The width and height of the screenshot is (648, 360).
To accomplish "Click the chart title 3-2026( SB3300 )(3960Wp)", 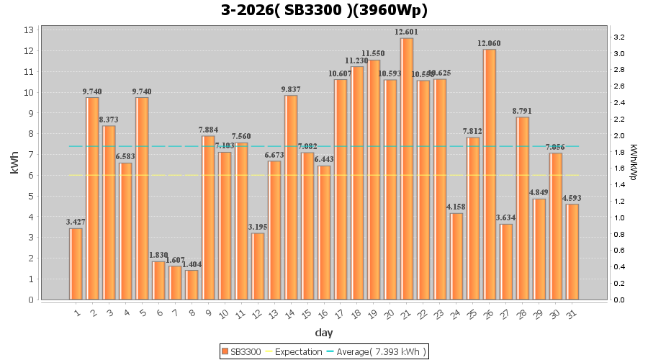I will (x=324, y=11).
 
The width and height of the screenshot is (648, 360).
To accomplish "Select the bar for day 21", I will (x=407, y=168).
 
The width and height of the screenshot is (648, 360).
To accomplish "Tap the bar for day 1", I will (x=76, y=264).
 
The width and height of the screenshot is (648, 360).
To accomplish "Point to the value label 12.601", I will (x=407, y=32).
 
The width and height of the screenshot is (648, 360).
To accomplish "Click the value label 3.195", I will (x=258, y=228).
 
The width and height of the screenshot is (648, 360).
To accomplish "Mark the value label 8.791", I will (x=523, y=112).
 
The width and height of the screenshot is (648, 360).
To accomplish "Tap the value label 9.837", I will (x=291, y=90).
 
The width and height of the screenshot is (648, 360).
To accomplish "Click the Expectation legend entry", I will (x=294, y=351).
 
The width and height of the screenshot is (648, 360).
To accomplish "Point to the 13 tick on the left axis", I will (x=30, y=30).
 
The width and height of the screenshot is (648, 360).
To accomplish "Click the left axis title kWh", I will (x=14, y=164).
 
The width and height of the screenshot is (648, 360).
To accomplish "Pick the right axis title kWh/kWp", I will (x=633, y=164).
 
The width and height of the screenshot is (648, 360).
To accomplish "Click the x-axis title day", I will (x=324, y=333).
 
